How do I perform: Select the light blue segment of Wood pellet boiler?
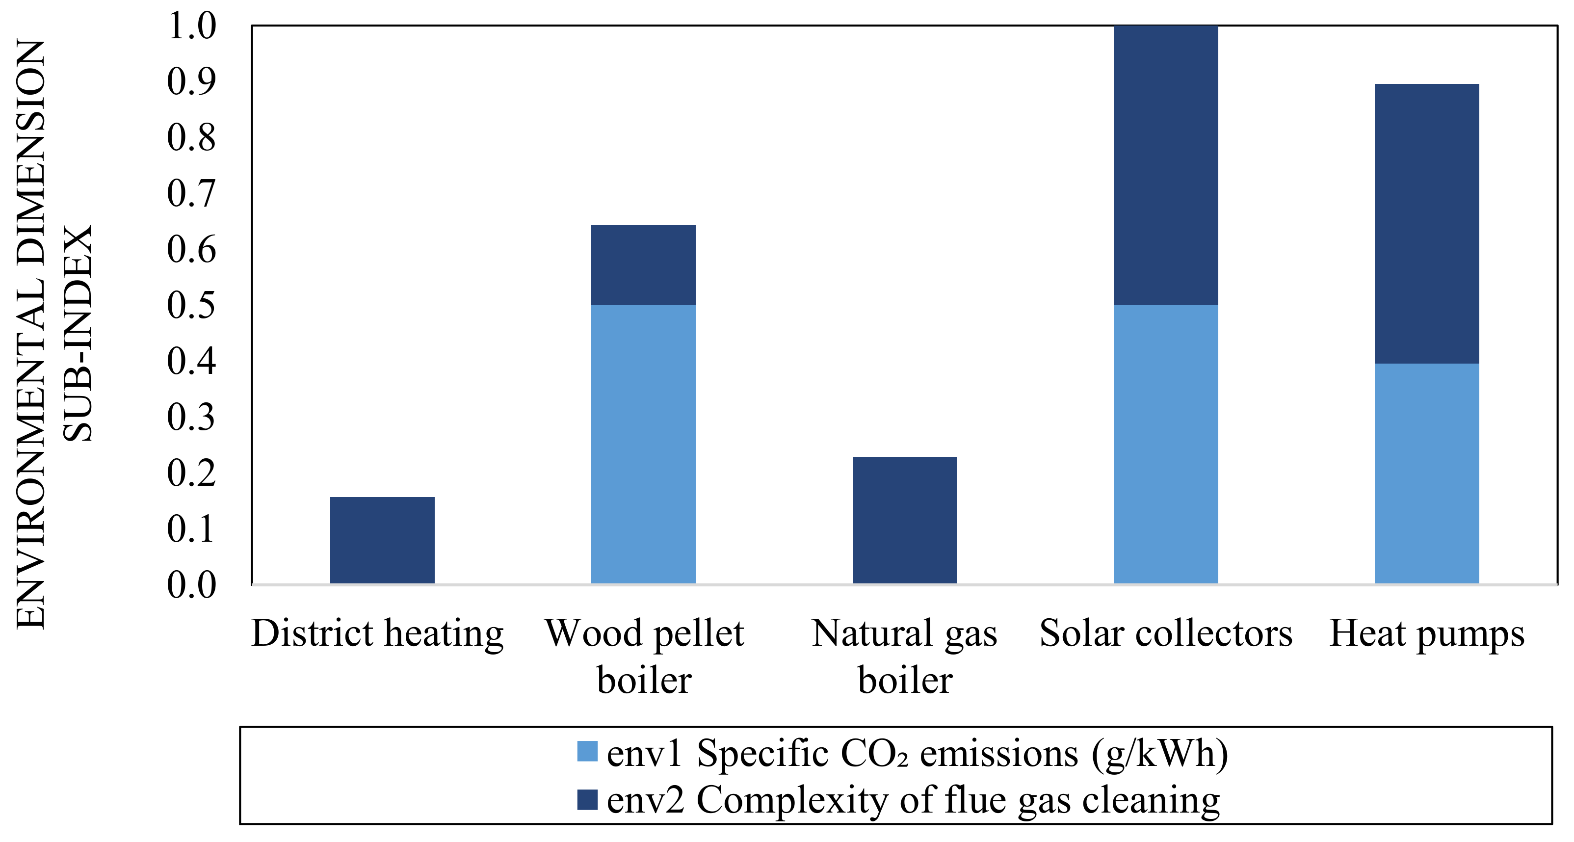point(643,444)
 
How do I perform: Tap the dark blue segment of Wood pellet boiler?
point(643,265)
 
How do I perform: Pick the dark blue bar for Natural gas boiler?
point(904,520)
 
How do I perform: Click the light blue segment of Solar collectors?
point(1165,444)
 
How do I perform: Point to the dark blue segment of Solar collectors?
point(1165,165)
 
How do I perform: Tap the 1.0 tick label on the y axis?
point(191,26)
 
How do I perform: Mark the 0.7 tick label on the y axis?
point(191,194)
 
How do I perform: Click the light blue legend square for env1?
point(587,751)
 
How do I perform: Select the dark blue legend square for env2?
point(587,800)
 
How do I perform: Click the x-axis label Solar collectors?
point(1165,633)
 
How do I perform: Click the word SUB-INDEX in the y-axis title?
point(78,333)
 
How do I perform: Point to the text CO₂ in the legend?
point(874,753)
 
